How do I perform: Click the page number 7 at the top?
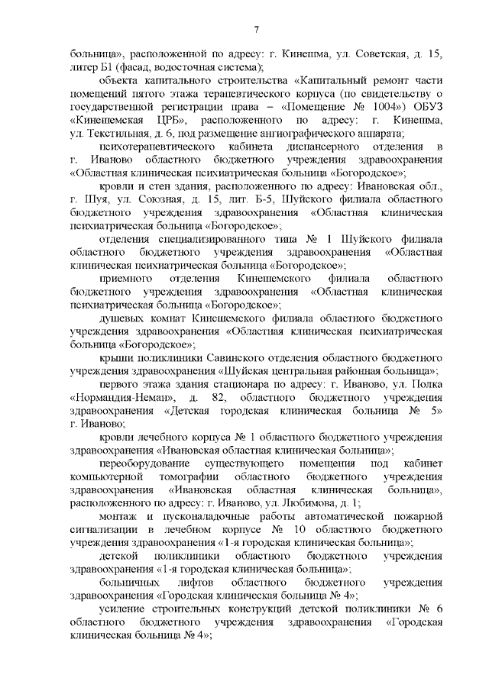pyautogui.click(x=257, y=29)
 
